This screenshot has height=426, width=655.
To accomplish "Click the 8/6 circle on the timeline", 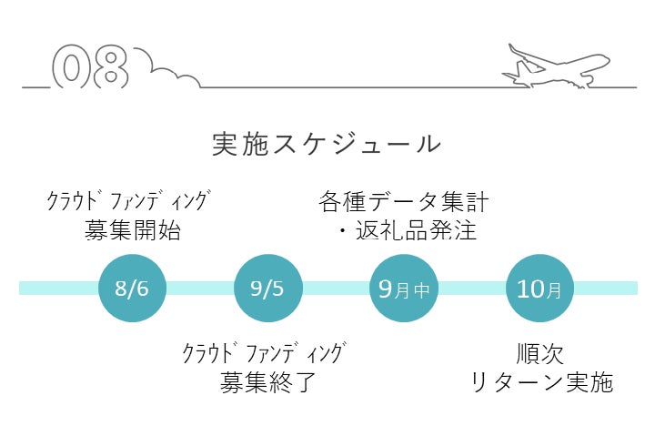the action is [132, 288].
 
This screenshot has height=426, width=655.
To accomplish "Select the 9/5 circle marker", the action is [267, 288].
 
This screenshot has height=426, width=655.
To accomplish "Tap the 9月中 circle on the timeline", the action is [404, 288].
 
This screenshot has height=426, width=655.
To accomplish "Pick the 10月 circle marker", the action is [539, 288].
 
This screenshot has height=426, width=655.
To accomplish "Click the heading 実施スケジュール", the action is [327, 144].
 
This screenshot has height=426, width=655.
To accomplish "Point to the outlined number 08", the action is [90, 66].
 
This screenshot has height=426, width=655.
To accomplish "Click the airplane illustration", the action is [556, 66].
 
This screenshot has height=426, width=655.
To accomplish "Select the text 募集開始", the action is [133, 230].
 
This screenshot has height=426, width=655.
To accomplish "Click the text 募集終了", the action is [267, 382].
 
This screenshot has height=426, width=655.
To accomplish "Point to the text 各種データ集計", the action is [404, 201].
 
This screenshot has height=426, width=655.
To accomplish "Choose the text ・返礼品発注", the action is [408, 230].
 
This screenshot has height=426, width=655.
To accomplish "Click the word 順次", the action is [539, 354].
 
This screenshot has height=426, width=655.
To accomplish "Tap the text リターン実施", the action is [542, 382].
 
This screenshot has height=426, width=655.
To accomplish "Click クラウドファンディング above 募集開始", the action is [128, 200].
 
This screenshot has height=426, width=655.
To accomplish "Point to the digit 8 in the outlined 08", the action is [110, 66].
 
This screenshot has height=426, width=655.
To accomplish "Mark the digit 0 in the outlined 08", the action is [71, 66].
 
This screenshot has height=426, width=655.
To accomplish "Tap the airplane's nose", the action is [609, 60].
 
